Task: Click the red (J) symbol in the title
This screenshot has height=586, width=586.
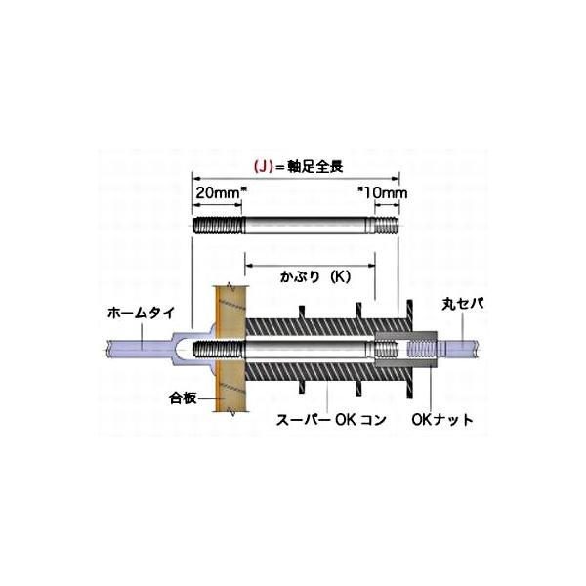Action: [x=263, y=167]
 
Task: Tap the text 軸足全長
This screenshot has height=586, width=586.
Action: [x=314, y=167]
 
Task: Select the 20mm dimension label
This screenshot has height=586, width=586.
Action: [x=218, y=192]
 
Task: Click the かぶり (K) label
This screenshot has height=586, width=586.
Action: [x=315, y=277]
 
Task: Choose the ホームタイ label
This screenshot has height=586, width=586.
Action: [x=141, y=313]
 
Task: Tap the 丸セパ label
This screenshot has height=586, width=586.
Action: [x=463, y=304]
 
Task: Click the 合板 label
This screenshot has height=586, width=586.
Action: [x=183, y=398]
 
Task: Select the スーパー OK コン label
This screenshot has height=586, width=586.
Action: [x=331, y=420]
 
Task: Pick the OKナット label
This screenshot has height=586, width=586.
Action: [x=442, y=420]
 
